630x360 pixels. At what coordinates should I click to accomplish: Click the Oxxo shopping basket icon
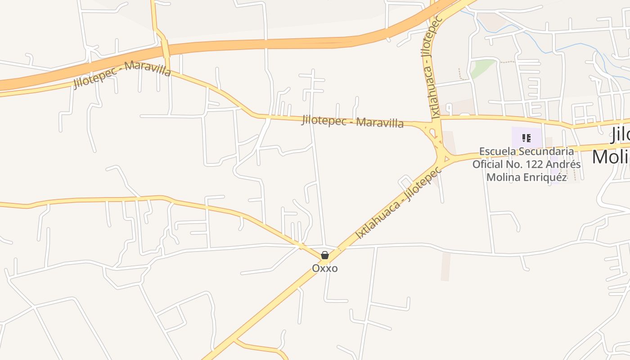point(324,256)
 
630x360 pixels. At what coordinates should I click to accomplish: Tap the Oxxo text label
point(324,268)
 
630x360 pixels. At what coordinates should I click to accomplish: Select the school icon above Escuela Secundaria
point(526,138)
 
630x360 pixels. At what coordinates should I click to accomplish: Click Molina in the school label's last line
point(503,177)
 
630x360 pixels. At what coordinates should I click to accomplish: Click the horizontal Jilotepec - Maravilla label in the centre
point(352,121)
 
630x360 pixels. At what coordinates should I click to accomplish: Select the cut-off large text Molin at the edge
point(611,157)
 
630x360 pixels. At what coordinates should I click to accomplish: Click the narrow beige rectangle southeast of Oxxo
point(445,266)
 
